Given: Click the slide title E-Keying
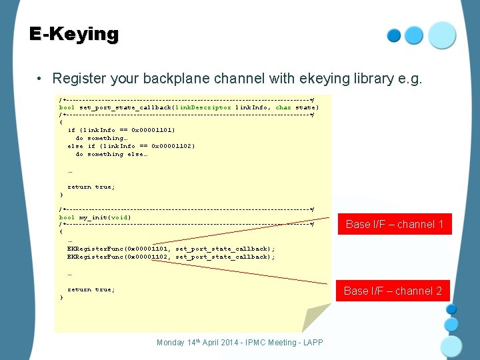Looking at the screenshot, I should point(74,34).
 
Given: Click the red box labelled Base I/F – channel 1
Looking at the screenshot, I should point(395,225).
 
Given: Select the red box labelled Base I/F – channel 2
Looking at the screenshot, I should point(393,291).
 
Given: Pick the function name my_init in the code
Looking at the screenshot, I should point(93,217).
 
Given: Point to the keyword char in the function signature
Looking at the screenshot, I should point(283,107).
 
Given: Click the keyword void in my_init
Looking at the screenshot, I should point(119,217).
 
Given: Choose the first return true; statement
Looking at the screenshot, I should point(91,187).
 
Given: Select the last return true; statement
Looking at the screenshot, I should point(91,289).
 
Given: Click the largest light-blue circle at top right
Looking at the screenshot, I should point(442,35).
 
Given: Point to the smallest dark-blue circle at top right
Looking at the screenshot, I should point(394,35).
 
